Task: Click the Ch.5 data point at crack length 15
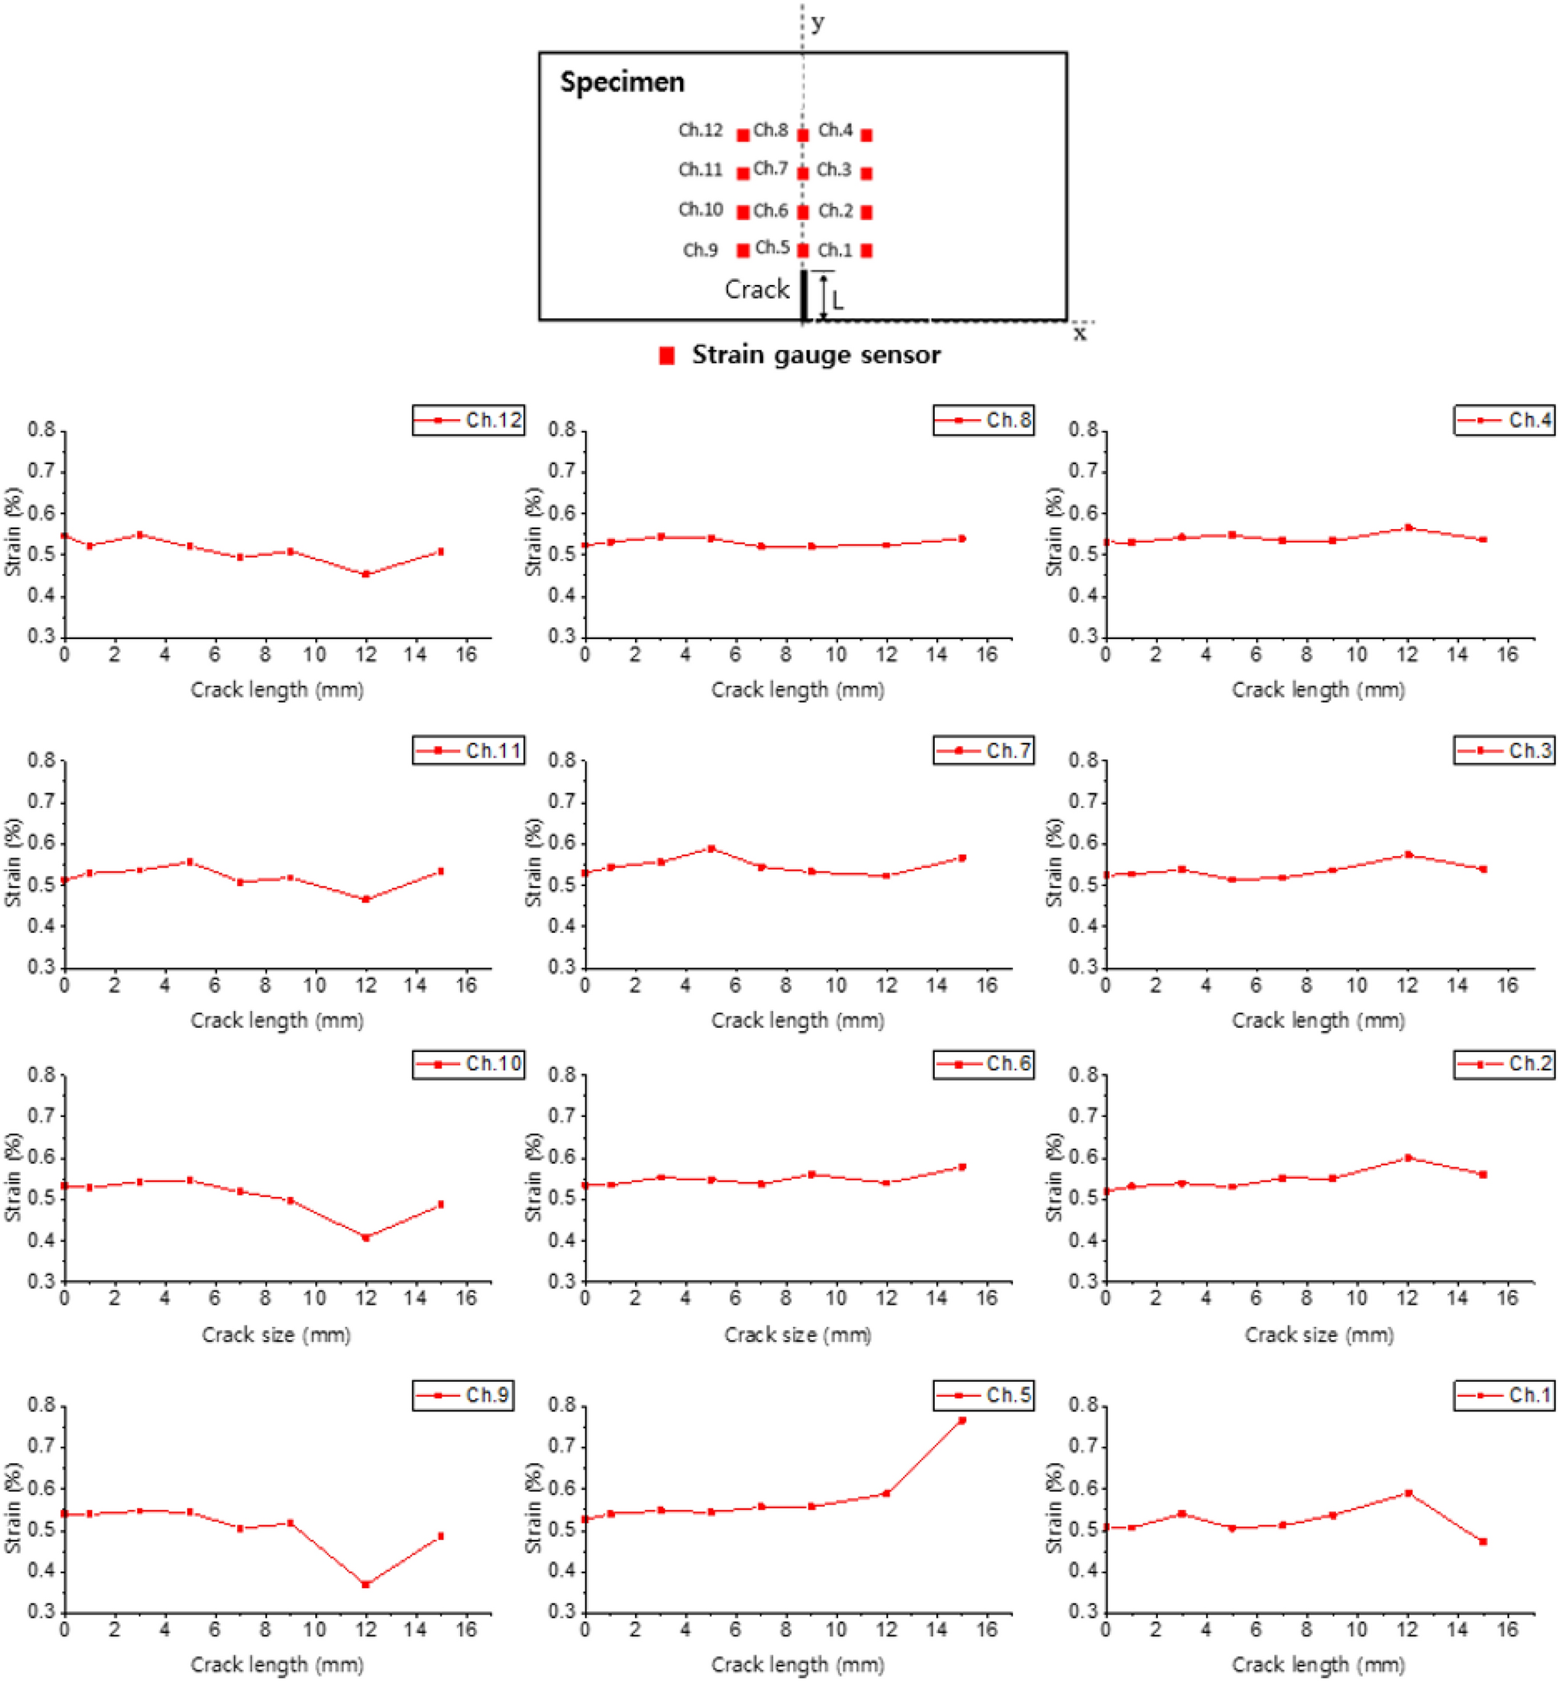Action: tap(962, 1420)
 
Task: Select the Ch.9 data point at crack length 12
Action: tap(366, 1584)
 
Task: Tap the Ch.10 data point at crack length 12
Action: tap(366, 1237)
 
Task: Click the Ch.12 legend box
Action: tap(469, 419)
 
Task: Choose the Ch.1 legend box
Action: tap(1504, 1395)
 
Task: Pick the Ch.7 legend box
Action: tap(984, 750)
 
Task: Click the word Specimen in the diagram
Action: tap(623, 82)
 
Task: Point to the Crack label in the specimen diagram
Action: tap(757, 290)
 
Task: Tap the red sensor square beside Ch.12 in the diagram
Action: tap(743, 135)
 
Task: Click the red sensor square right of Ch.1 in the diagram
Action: tap(867, 251)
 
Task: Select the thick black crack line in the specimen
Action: tap(804, 295)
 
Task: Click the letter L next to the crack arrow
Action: tap(837, 301)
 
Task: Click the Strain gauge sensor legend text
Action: tap(816, 356)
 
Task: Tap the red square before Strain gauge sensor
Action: tap(667, 356)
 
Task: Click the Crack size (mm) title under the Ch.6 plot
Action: tap(797, 1334)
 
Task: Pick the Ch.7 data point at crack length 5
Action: tap(711, 848)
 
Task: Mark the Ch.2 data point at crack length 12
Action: tap(1408, 1158)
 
